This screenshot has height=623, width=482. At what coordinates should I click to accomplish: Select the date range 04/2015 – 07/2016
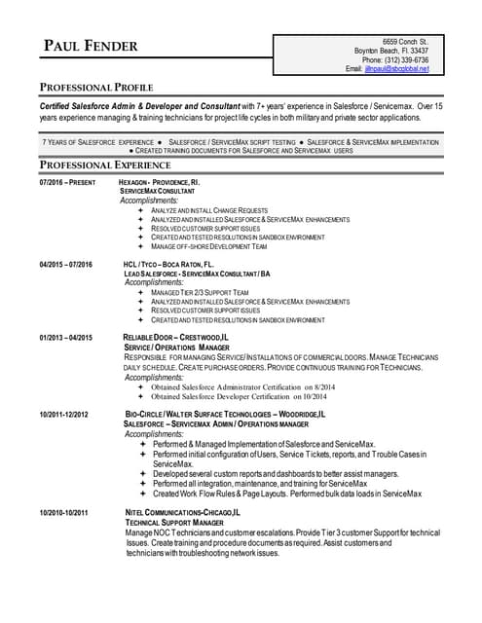[66, 265]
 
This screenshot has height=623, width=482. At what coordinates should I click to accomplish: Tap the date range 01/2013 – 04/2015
[66, 337]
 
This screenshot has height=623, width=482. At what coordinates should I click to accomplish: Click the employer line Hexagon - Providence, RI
[160, 182]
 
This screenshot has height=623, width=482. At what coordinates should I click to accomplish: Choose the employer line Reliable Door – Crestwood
[176, 337]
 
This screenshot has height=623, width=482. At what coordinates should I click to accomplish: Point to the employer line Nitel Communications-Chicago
[184, 512]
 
